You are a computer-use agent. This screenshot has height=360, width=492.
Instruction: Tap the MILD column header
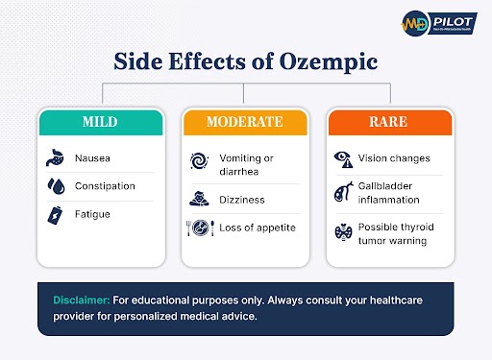[x=100, y=123]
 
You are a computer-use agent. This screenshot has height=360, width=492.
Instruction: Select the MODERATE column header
[x=245, y=123]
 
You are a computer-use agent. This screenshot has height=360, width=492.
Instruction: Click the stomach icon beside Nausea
[x=56, y=157]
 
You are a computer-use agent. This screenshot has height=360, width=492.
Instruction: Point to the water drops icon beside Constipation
[x=56, y=185]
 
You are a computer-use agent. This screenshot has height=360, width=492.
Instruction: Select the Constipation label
[x=106, y=185]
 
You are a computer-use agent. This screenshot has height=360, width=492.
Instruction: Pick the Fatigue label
[x=93, y=215]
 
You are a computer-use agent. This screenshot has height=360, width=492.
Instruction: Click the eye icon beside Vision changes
[x=341, y=157]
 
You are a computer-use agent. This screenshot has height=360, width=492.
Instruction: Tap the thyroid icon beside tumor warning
[x=341, y=233]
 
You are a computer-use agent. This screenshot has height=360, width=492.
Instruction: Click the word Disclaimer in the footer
[x=81, y=300]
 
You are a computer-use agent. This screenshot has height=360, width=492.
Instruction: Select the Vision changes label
[x=394, y=157]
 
